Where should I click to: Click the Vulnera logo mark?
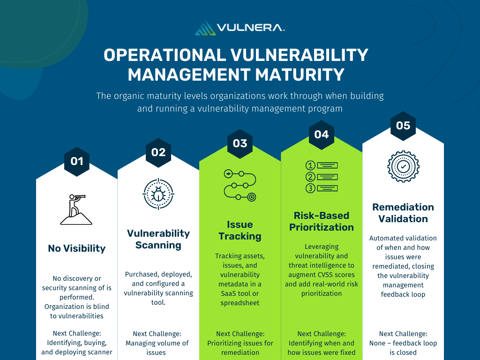pyautogui.click(x=205, y=28)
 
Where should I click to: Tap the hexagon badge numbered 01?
pyautogui.click(x=77, y=161)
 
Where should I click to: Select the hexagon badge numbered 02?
pyautogui.click(x=158, y=152)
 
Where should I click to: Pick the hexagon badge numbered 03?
pyautogui.click(x=240, y=143)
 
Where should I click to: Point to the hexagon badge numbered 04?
pyautogui.click(x=322, y=135)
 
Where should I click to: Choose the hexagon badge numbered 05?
pyautogui.click(x=403, y=126)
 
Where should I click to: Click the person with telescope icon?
pyautogui.click(x=76, y=210)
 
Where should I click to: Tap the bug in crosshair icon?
pyautogui.click(x=158, y=194)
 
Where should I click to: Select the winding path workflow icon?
pyautogui.click(x=240, y=185)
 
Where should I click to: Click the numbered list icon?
pyautogui.click(x=322, y=177)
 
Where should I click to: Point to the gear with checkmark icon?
pyautogui.click(x=403, y=166)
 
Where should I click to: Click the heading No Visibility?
pyautogui.click(x=77, y=248)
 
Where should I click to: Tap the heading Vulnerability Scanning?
pyautogui.click(x=158, y=239)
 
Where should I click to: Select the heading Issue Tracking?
pyautogui.click(x=240, y=230)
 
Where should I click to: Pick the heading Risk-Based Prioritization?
pyautogui.click(x=322, y=221)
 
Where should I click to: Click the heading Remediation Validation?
pyautogui.click(x=403, y=213)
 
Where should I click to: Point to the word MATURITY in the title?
pyautogui.click(x=300, y=75)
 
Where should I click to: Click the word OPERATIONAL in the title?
pyautogui.click(x=165, y=55)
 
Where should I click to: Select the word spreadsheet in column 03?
pyautogui.click(x=240, y=303)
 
